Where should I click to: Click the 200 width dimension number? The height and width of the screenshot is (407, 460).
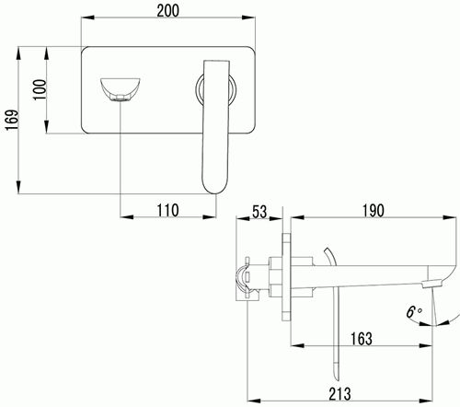tap(167, 10)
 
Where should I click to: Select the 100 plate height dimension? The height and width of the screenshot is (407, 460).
tap(40, 89)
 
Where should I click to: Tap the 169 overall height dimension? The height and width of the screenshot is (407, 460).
tap(12, 120)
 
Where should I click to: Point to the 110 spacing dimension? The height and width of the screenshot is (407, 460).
tap(167, 211)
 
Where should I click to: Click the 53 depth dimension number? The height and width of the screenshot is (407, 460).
tap(259, 212)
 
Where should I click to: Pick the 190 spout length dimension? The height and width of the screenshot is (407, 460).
tap(374, 211)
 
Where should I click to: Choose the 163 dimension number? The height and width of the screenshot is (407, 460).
tap(362, 339)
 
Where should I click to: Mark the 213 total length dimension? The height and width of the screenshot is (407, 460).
tap(339, 394)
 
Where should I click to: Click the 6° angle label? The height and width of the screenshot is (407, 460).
tap(414, 311)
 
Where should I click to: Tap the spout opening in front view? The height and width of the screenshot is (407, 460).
tap(120, 89)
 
